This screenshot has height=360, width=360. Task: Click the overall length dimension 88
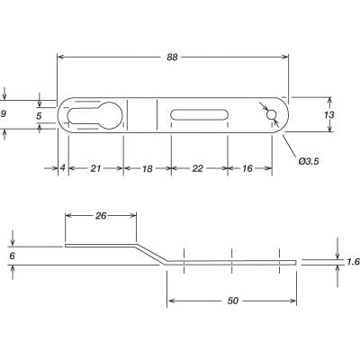(172, 56)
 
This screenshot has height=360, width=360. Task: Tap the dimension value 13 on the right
(328, 115)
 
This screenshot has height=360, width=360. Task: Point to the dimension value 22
(198, 168)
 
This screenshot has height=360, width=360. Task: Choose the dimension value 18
(147, 168)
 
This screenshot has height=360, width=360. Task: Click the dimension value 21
(95, 168)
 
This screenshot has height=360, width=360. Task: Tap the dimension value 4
(62, 168)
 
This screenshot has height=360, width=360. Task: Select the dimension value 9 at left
(4, 114)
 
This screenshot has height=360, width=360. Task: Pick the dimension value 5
(39, 115)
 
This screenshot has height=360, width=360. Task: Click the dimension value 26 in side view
(100, 216)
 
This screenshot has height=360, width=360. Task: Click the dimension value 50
(231, 303)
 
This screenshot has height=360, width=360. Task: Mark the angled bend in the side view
(150, 253)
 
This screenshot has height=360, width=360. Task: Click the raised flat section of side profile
(99, 244)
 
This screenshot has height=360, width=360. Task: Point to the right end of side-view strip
(294, 262)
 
